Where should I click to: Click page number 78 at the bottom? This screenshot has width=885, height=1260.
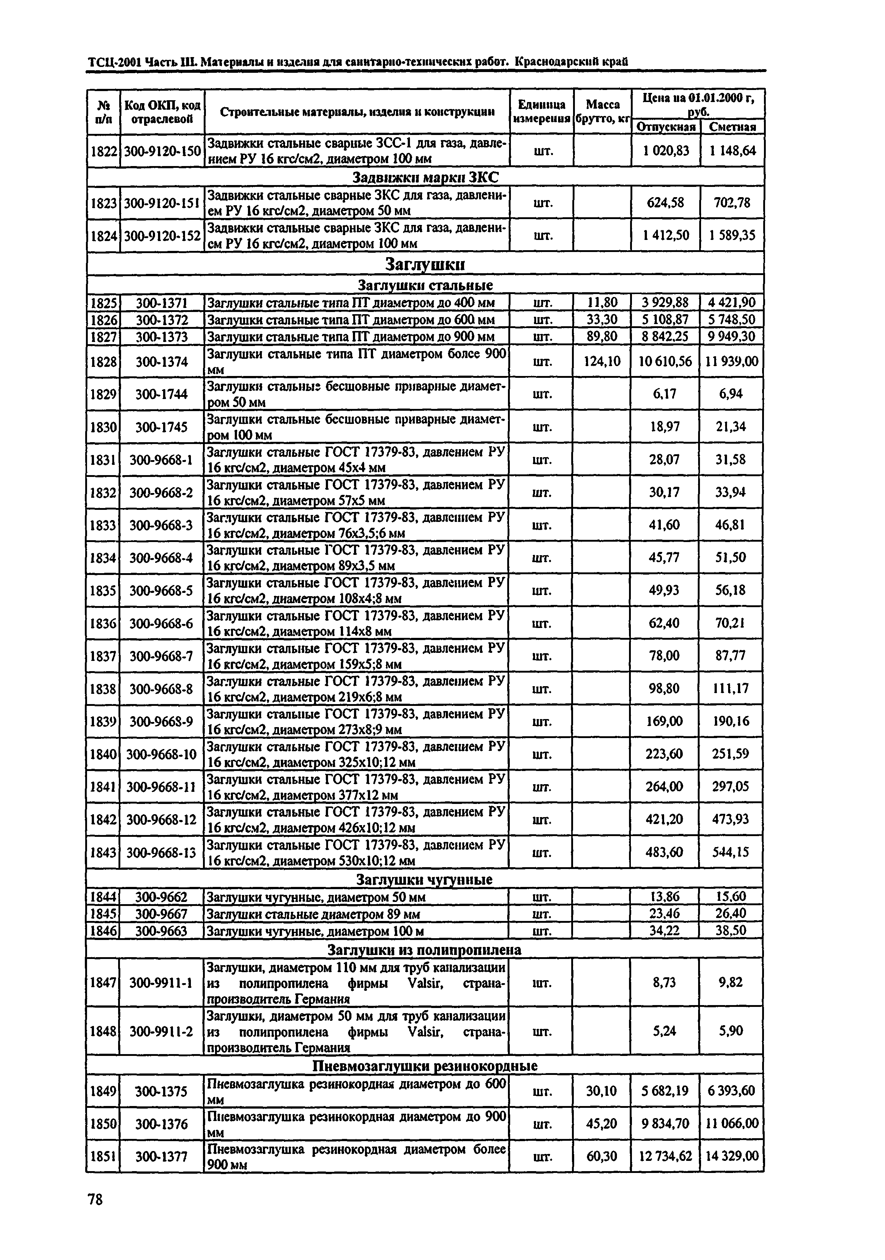(95, 1199)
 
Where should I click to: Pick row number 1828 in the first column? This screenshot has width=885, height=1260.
(103, 362)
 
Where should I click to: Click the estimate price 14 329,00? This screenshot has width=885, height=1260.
(732, 1156)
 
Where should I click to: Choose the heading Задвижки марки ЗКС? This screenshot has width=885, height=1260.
(425, 178)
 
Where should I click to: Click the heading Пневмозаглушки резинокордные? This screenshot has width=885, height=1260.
(424, 1066)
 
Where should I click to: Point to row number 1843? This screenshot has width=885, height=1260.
(103, 852)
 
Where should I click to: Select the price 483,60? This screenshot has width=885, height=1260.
(665, 852)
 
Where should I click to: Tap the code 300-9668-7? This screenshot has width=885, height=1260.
(161, 656)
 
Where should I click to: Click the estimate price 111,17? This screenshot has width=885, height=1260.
(731, 688)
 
